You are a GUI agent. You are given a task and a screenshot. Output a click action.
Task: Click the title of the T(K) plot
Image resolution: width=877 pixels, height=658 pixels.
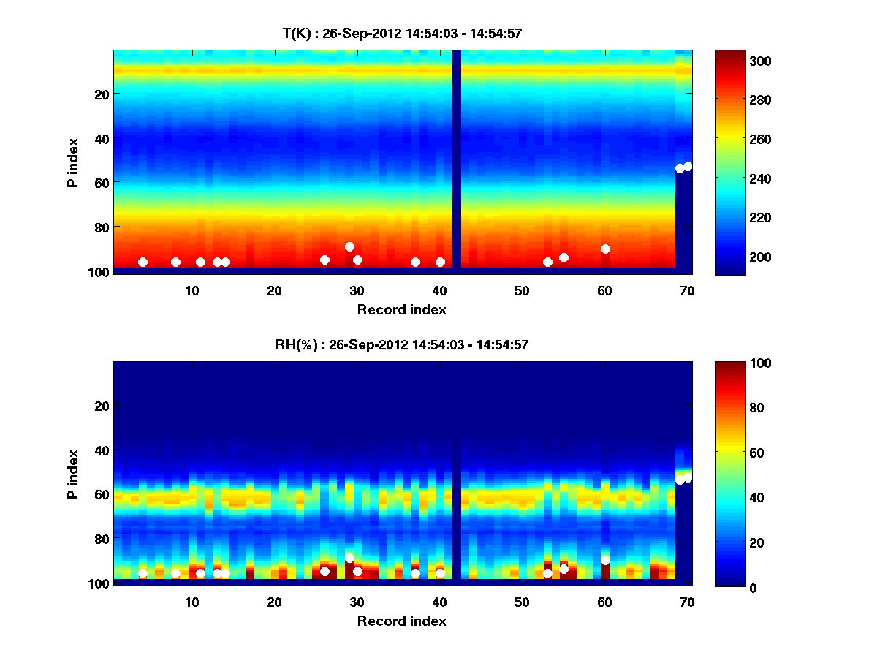tap(402, 33)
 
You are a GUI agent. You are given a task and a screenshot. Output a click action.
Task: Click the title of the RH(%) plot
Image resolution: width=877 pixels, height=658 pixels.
tap(402, 345)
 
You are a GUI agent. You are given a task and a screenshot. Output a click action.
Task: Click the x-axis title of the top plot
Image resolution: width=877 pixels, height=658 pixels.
tap(401, 309)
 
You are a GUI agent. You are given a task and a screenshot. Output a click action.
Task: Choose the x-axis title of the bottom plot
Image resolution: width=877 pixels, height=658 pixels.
tap(401, 621)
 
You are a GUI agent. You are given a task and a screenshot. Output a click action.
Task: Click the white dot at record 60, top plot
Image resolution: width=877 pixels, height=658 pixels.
tap(605, 249)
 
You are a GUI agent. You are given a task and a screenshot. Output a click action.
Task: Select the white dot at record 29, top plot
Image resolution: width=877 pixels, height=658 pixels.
tap(349, 246)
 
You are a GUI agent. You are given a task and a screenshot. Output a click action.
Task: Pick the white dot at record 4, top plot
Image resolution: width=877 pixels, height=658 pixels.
tap(143, 262)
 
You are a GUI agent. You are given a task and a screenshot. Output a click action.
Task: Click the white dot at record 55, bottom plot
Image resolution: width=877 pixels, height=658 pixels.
tap(563, 569)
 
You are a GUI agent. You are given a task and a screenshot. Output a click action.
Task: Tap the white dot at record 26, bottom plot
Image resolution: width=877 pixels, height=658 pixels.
tap(324, 571)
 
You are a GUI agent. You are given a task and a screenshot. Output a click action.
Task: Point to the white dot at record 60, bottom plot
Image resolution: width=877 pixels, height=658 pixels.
tap(605, 560)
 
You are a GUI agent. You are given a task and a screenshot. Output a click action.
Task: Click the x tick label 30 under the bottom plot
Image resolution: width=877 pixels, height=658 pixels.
tap(357, 602)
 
